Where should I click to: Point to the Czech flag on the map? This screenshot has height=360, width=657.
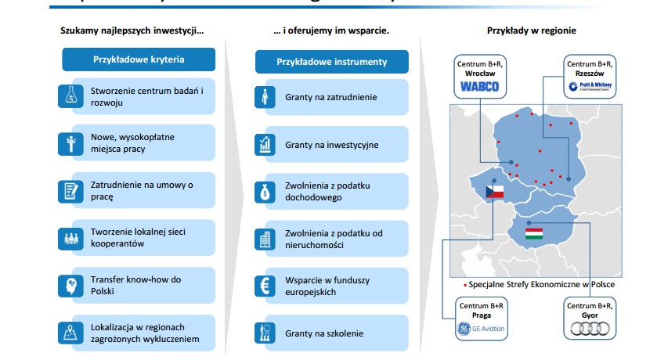494,191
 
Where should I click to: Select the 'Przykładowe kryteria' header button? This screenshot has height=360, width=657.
139,59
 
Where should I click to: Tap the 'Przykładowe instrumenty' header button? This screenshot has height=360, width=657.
331,60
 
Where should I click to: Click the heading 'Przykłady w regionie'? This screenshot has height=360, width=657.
531,31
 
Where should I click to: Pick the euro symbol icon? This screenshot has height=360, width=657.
264,286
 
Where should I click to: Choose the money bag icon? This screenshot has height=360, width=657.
264,191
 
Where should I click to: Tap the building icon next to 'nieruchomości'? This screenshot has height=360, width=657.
264,239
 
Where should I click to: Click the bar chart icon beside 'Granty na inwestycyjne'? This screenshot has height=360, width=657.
264,145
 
